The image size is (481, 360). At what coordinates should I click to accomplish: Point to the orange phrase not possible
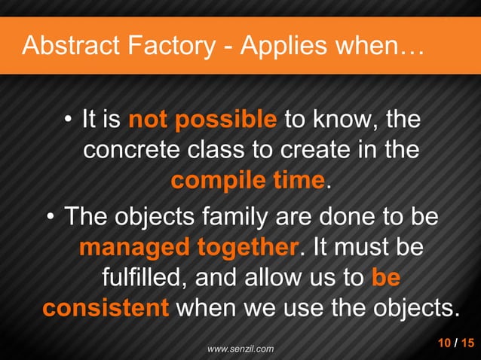203,120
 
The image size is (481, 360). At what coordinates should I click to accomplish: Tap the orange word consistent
106,309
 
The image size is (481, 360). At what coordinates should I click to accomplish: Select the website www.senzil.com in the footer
240,349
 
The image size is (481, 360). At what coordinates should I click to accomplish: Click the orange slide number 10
445,343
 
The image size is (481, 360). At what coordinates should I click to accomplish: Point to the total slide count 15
467,343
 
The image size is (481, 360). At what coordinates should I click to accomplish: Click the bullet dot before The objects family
50,218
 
